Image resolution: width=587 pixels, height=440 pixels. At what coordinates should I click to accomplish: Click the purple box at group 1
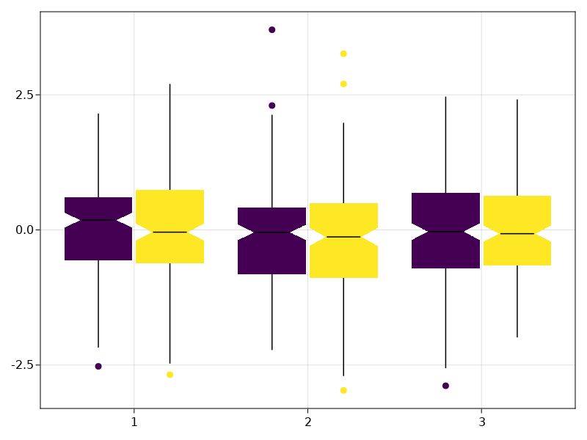98,242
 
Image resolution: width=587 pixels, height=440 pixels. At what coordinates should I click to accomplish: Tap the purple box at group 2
271,253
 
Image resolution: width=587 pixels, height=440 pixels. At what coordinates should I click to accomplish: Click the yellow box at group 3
517,249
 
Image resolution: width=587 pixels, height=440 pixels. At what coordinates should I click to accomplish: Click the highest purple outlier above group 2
271,30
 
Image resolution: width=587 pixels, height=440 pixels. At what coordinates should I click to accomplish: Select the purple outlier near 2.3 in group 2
271,106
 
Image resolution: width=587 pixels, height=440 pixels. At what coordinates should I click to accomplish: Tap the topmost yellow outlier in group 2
343,54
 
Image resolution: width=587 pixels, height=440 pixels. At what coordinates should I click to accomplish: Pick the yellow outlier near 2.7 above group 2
343,84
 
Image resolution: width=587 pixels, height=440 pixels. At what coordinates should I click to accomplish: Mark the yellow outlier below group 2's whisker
343,390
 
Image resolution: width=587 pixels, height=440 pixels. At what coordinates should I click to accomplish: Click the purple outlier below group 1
98,366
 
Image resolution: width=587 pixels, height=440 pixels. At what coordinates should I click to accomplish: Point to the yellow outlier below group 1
169,375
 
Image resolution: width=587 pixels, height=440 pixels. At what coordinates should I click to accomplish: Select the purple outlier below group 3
445,386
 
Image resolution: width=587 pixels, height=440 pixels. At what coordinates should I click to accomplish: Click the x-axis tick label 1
134,422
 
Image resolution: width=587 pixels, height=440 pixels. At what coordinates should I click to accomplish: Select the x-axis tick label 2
307,422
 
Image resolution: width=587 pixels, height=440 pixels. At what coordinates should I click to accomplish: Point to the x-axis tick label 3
481,422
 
